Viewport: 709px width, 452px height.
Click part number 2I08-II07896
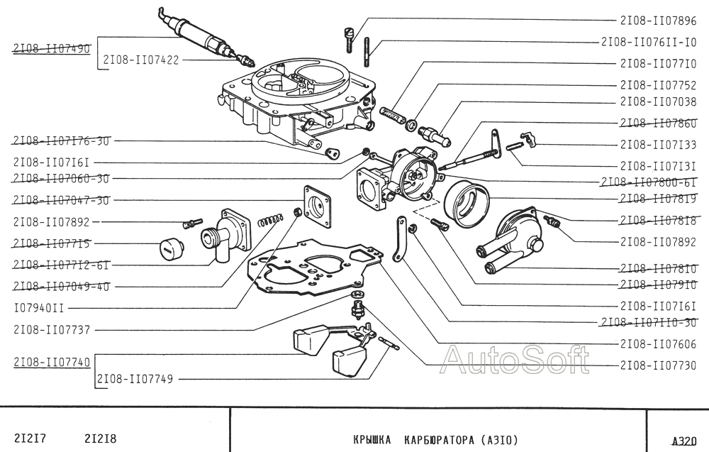pyautogui.click(x=658, y=21)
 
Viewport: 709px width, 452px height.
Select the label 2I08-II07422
pyautogui.click(x=141, y=60)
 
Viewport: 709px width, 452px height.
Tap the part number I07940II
pyautogui.click(x=39, y=309)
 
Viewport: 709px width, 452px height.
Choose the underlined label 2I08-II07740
pyautogui.click(x=52, y=362)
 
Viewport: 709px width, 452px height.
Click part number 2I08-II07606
pyautogui.click(x=658, y=344)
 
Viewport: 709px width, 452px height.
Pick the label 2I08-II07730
pyautogui.click(x=658, y=365)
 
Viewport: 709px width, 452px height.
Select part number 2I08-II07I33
pyautogui.click(x=658, y=145)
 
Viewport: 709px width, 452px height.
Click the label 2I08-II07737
pyautogui.click(x=52, y=330)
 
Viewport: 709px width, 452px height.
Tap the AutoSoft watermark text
pyautogui.click(x=515, y=360)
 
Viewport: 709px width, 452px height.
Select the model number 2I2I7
pyautogui.click(x=30, y=439)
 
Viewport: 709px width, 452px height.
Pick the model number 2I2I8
pyautogui.click(x=100, y=439)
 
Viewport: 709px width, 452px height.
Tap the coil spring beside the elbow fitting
pyautogui.click(x=271, y=221)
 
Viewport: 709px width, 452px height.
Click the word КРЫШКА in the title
pyautogui.click(x=372, y=440)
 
